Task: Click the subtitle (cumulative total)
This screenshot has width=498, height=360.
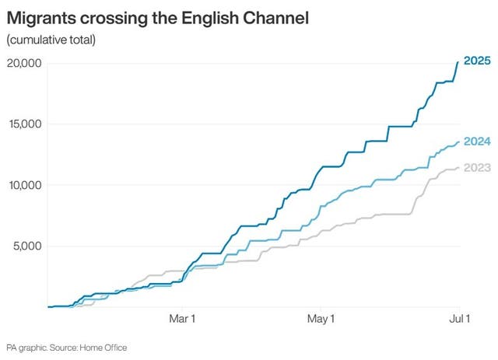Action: [51, 40]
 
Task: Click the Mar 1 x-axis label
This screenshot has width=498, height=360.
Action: [182, 319]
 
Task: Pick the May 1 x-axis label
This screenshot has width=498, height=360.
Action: [321, 319]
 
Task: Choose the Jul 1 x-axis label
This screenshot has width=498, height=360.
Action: [459, 319]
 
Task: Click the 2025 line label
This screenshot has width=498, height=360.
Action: [477, 61]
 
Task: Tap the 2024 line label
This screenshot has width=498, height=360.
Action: [477, 142]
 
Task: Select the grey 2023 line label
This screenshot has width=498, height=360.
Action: [477, 167]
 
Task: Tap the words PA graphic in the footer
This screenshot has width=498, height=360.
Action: [23, 348]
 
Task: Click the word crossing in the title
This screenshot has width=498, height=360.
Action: [117, 17]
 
